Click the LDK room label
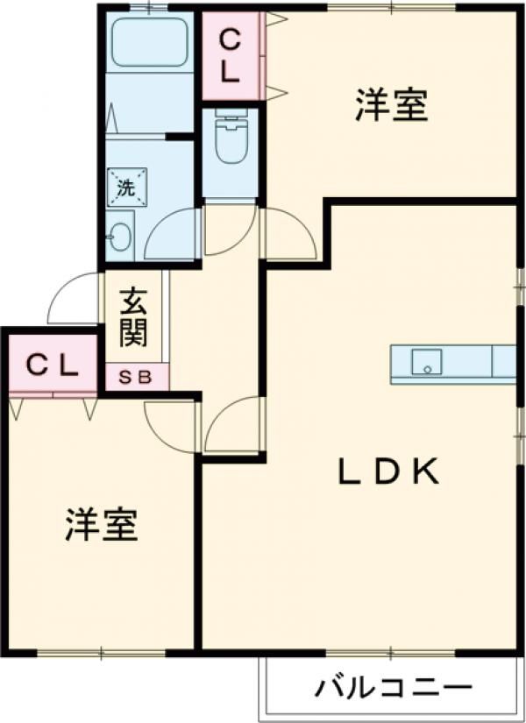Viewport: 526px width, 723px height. pos(387,473)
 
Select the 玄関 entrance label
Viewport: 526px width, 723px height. pos(134,316)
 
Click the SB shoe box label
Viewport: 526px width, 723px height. pos(136,378)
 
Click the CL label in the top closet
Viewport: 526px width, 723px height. pos(231,55)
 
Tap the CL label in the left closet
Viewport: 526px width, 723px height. pos(52,365)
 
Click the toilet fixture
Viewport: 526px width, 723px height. pos(231,140)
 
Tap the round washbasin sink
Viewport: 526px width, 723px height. pos(120,236)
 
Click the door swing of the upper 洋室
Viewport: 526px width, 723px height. pos(289,231)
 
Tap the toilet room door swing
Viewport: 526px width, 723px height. pos(230,230)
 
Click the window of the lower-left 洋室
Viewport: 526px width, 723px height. pos(102,651)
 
